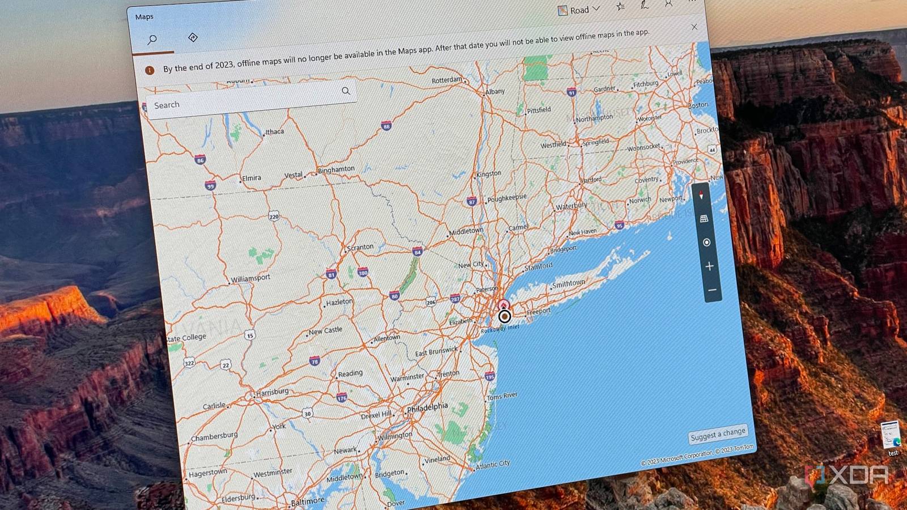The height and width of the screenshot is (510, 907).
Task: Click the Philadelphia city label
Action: click(428, 407)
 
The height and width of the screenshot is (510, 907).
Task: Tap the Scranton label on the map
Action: click(361, 247)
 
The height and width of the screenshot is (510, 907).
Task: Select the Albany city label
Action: click(495, 91)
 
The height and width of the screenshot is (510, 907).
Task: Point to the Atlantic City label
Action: click(493, 465)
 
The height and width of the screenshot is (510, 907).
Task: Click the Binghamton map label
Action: click(336, 169)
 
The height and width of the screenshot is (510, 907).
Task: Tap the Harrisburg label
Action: click(273, 392)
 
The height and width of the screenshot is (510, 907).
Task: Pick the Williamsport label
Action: click(251, 278)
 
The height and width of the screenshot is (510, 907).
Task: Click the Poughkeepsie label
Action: click(507, 198)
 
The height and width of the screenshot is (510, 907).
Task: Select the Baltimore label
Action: click(308, 501)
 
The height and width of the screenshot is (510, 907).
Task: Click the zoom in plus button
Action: click(709, 266)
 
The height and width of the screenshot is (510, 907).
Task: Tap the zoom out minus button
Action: click(712, 290)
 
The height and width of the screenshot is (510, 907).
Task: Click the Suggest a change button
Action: click(718, 434)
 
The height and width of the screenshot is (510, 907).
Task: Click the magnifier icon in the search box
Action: click(346, 91)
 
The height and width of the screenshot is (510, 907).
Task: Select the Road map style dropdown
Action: click(579, 10)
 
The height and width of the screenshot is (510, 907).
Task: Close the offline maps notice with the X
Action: click(694, 27)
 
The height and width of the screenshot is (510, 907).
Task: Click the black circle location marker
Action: click(505, 316)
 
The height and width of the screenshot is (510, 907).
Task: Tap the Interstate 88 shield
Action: click(386, 126)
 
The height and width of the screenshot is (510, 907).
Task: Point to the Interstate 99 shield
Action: click(210, 185)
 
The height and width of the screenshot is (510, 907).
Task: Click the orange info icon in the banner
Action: click(150, 70)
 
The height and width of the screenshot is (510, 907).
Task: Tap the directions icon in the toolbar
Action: click(193, 37)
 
